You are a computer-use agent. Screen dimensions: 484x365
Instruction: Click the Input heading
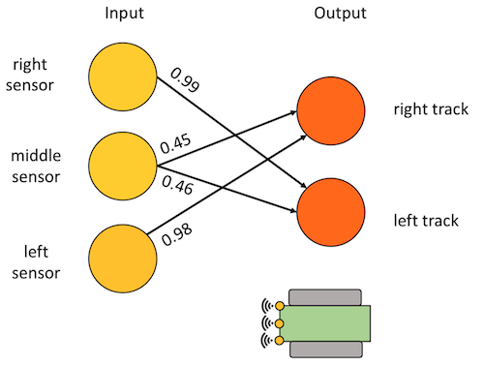(124, 14)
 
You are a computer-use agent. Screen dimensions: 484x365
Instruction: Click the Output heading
(340, 14)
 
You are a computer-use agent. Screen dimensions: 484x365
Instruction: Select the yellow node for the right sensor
(123, 76)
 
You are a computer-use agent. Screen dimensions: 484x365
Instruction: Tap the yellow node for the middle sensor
(123, 166)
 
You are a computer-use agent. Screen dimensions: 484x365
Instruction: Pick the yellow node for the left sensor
(123, 259)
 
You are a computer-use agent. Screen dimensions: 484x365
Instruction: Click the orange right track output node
(331, 110)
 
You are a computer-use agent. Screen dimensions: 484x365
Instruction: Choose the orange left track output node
(331, 212)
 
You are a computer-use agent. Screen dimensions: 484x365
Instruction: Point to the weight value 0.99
(185, 79)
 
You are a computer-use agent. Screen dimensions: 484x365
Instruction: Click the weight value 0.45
(175, 144)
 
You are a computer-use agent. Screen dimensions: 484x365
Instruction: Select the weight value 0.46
(177, 185)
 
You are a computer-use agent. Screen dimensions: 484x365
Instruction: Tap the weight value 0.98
(177, 234)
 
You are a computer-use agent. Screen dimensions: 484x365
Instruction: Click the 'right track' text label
(431, 109)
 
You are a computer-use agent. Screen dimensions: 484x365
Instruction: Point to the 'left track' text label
(426, 221)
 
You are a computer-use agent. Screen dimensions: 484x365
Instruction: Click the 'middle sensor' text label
(36, 167)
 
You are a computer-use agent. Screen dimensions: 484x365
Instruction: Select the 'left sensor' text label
(36, 262)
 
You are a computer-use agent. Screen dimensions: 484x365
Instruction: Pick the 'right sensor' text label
(30, 76)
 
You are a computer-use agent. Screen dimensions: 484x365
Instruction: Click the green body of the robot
(325, 323)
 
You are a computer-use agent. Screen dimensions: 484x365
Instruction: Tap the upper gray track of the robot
(325, 297)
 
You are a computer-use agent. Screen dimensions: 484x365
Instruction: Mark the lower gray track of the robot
(326, 350)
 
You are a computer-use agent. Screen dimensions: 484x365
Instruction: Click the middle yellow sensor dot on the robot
(280, 323)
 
